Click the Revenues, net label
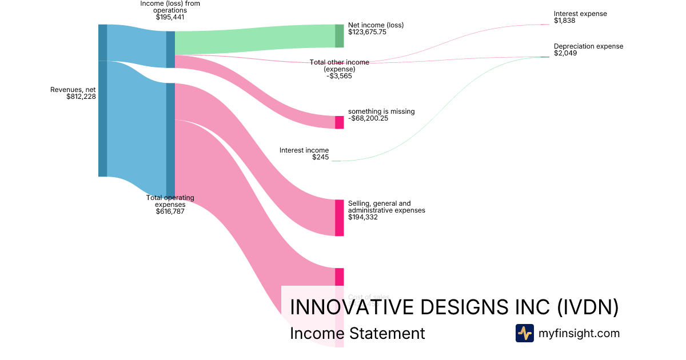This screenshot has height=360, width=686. click(x=73, y=90)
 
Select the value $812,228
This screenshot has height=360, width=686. click(x=81, y=97)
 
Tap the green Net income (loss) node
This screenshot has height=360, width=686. click(x=339, y=36)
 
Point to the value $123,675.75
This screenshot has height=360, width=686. click(x=367, y=33)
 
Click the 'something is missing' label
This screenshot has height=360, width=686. click(x=381, y=111)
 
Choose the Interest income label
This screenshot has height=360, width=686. click(x=304, y=150)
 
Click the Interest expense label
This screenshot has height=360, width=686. click(x=580, y=14)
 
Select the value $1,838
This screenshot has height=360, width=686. click(x=564, y=21)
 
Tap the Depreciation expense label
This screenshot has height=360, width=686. click(x=588, y=46)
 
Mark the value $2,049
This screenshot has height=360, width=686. click(x=565, y=53)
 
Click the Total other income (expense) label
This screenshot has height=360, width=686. click(x=339, y=65)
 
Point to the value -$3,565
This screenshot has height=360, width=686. click(x=339, y=76)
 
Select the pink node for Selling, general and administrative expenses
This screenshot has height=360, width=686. click(x=339, y=218)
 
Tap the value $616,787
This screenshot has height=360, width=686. click(x=170, y=211)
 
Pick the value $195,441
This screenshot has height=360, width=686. click(x=170, y=17)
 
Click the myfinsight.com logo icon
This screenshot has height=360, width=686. click(x=524, y=333)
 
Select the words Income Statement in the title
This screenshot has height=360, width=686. click(x=357, y=334)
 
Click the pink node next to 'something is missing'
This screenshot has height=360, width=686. click(x=339, y=122)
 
